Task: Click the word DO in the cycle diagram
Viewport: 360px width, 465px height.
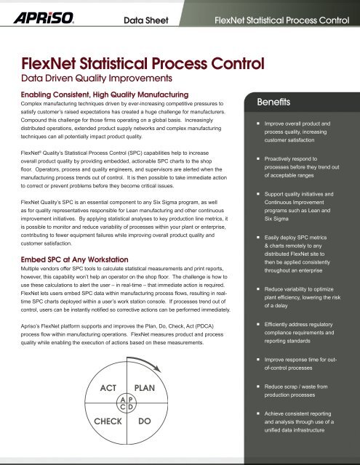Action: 144,421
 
